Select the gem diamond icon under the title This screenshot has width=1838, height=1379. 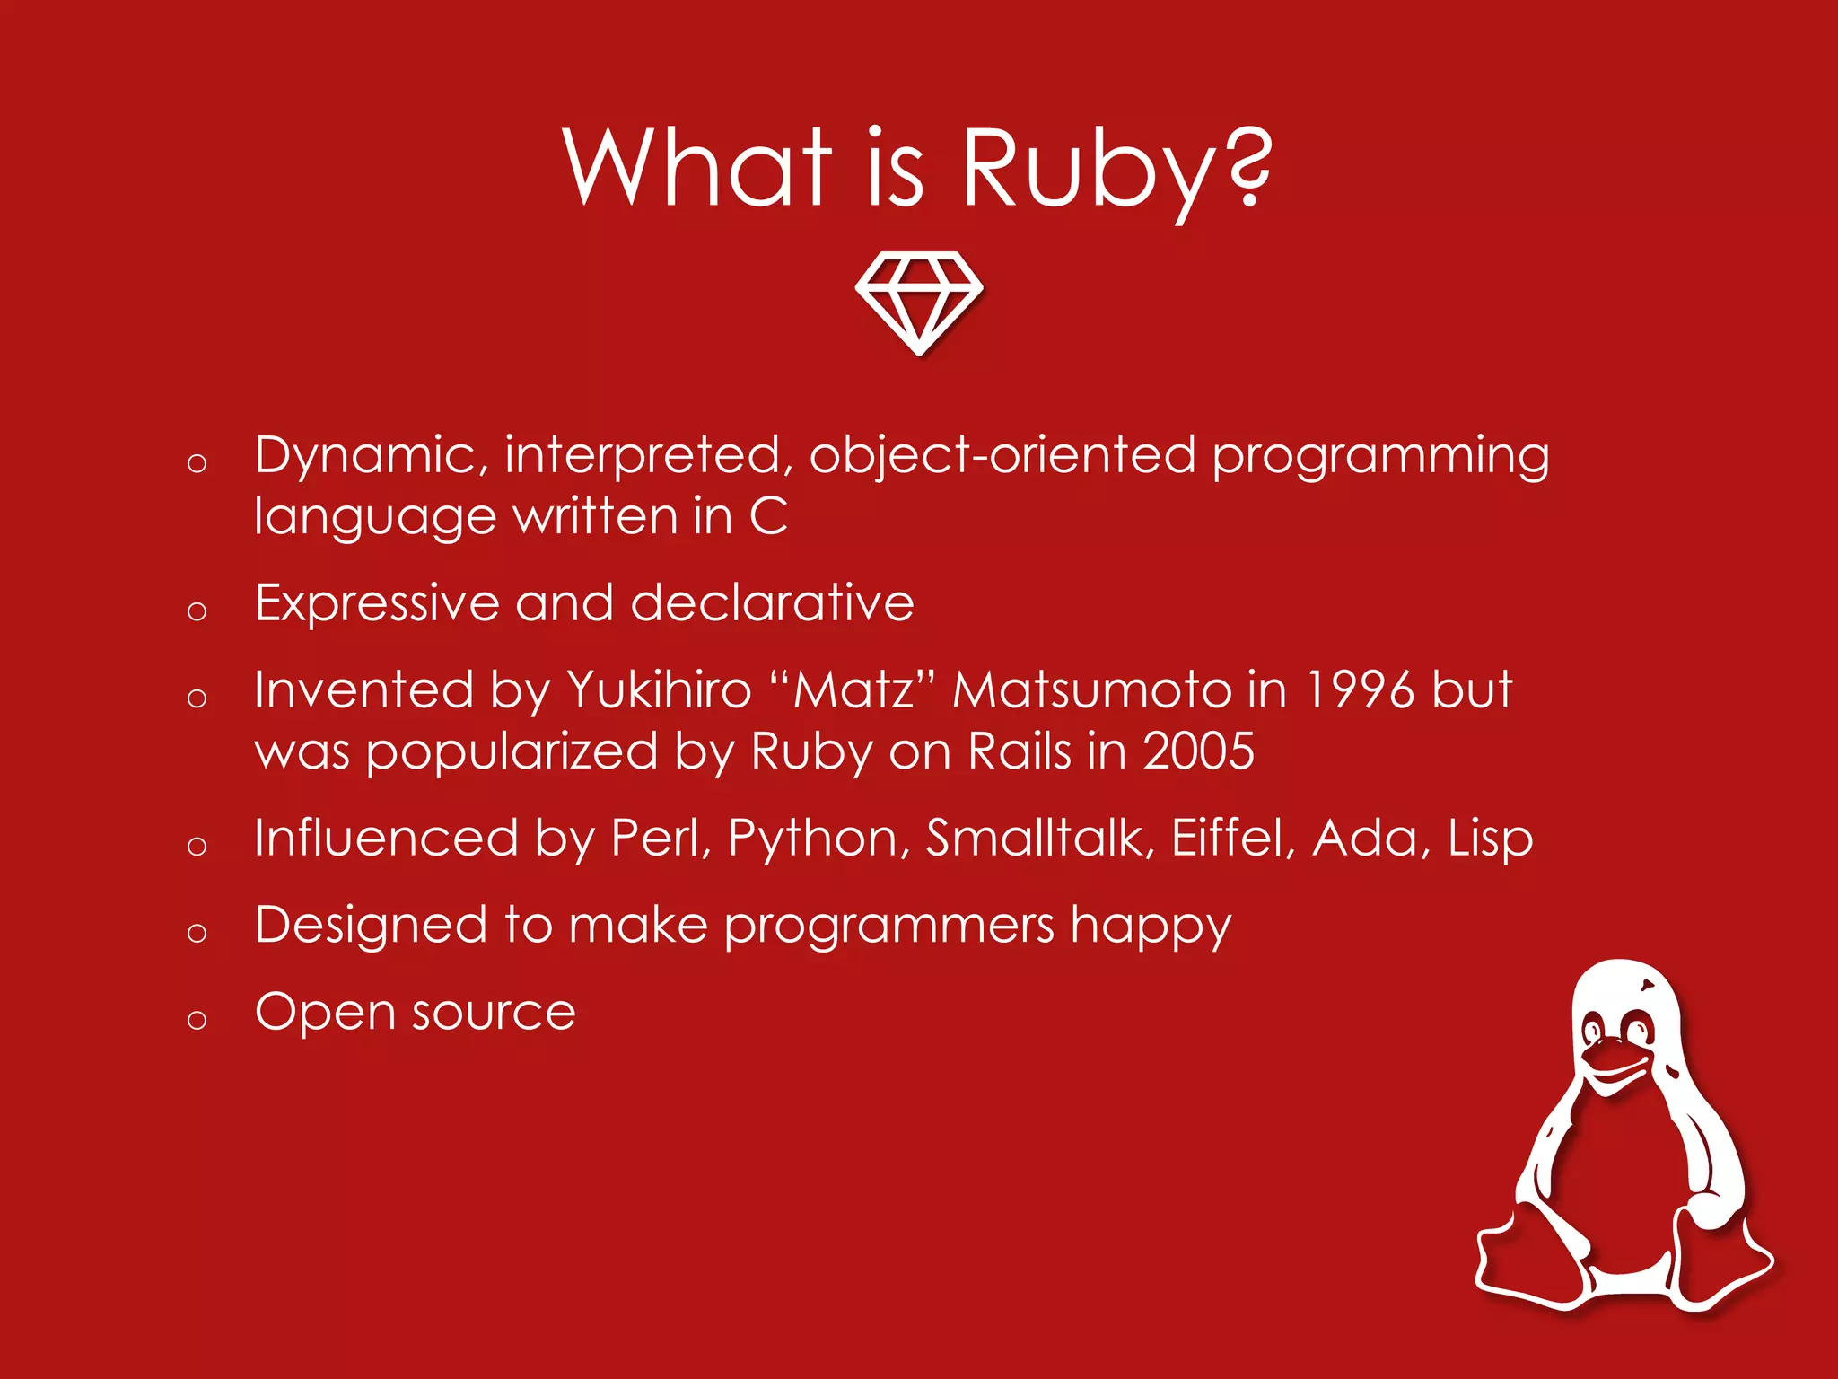pyautogui.click(x=919, y=302)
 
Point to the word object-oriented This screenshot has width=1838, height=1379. pyautogui.click(x=1002, y=455)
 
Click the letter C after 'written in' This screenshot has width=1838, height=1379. pyautogui.click(x=769, y=516)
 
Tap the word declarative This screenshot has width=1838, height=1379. pyautogui.click(x=773, y=602)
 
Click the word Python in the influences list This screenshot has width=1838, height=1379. pyautogui.click(x=813, y=839)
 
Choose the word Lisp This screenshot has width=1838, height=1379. pyautogui.click(x=1490, y=839)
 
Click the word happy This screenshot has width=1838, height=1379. pyautogui.click(x=1151, y=926)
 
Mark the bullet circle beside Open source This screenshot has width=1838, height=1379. pyautogui.click(x=197, y=1019)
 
